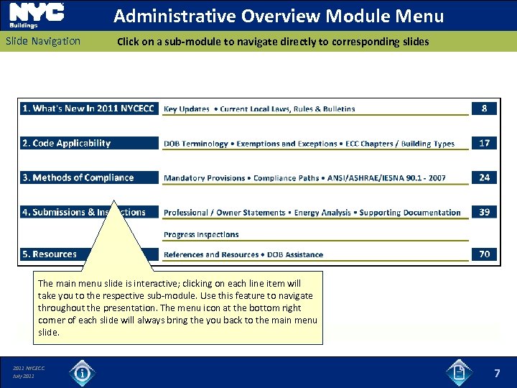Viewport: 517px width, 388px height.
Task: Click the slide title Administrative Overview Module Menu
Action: pos(279,16)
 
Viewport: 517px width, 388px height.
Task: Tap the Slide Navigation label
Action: pos(43,41)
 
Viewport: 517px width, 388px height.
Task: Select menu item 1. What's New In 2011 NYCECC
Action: pos(88,108)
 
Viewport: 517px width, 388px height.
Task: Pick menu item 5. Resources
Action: pos(50,254)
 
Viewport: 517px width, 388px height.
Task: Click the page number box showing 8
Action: pos(484,108)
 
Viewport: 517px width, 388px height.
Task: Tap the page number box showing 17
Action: pos(484,143)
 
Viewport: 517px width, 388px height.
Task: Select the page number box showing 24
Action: pos(484,177)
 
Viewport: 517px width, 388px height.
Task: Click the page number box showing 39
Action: pos(484,212)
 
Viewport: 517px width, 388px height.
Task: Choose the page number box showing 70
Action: pos(484,254)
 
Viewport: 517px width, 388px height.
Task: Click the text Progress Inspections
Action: pos(201,234)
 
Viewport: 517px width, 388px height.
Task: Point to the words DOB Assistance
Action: pos(295,254)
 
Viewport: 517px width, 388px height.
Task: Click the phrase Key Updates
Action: pos(187,109)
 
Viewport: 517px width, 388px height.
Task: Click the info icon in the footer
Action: pos(83,373)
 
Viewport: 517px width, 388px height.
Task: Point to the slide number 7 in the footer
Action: pos(497,374)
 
